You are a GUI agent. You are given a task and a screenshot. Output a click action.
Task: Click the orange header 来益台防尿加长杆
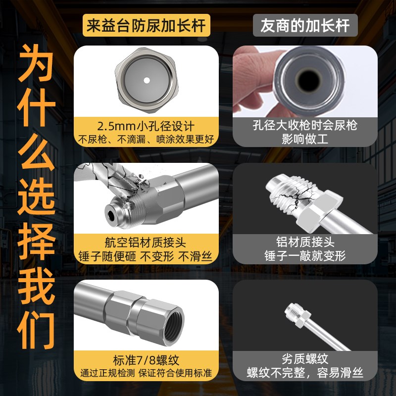[147, 26]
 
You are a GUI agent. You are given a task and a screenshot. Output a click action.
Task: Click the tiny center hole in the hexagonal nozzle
[147, 80]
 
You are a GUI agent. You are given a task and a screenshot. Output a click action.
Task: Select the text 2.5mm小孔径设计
[146, 125]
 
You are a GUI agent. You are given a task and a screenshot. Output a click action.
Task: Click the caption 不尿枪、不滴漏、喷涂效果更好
[146, 138]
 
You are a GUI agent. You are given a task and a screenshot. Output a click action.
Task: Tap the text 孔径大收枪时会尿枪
[305, 125]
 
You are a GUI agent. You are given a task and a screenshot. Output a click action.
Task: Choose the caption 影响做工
[305, 138]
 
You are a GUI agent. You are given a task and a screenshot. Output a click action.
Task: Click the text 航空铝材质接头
[146, 243]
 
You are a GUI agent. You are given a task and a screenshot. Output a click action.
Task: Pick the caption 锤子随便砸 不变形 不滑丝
[146, 256]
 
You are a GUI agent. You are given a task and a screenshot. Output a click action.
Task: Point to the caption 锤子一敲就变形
[305, 256]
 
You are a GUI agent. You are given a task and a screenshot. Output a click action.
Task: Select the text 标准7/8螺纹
[146, 359]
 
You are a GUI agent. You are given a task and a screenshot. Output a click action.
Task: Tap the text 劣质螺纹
[305, 359]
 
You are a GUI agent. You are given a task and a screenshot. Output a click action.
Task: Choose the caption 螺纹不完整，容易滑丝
[305, 373]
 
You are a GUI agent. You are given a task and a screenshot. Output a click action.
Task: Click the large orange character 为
[36, 65]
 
